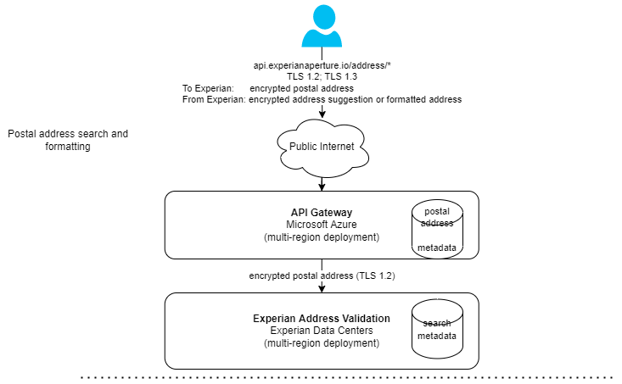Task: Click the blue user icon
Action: [322, 26]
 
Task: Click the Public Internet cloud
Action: [322, 147]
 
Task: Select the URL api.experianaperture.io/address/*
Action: [322, 65]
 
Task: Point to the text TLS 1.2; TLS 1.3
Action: [322, 76]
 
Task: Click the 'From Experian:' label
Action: [214, 99]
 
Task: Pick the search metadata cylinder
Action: [438, 329]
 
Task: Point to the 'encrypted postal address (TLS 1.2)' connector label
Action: [322, 276]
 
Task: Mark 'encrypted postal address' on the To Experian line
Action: [301, 88]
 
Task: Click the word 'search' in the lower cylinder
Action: [438, 323]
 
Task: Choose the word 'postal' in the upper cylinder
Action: [438, 210]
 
